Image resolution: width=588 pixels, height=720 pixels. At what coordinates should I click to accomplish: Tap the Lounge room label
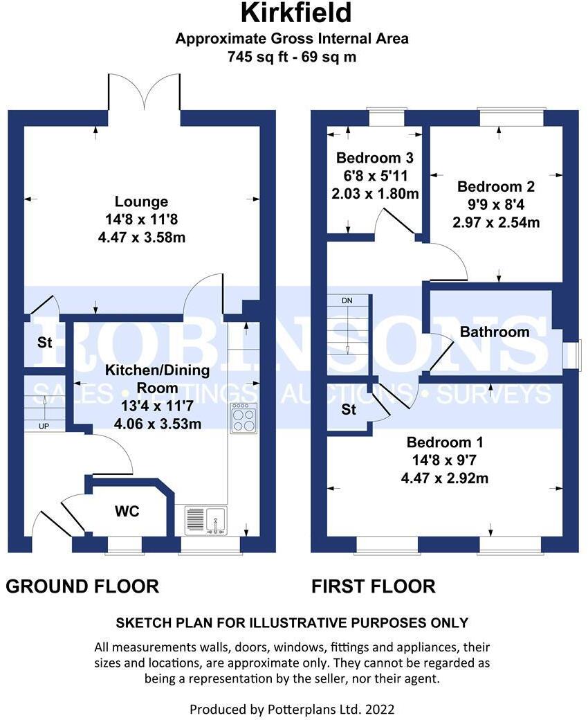[x=141, y=201]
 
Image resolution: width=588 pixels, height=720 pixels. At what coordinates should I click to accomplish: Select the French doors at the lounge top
[x=145, y=93]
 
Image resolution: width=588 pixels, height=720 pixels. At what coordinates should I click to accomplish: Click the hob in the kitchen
[x=244, y=418]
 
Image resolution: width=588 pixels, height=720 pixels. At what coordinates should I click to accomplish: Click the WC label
[x=127, y=512]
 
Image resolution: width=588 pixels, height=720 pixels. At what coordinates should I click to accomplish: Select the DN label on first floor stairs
[x=347, y=301]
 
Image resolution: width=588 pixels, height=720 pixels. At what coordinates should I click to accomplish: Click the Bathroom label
[x=495, y=332]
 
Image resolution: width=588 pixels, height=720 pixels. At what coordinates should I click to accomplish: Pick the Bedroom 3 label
[x=374, y=158]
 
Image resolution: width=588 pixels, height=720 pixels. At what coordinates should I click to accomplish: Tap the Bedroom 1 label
[x=445, y=442]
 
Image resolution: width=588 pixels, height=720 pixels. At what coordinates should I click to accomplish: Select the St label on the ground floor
[x=44, y=343]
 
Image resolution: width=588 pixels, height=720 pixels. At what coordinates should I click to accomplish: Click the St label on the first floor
[x=349, y=410]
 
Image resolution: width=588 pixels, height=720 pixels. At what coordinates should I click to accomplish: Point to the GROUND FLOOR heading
[x=82, y=586]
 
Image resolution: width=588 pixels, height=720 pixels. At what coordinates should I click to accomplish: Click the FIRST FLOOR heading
[x=373, y=586]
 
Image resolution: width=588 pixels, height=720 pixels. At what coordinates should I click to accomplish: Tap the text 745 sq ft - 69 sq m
[x=292, y=57]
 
